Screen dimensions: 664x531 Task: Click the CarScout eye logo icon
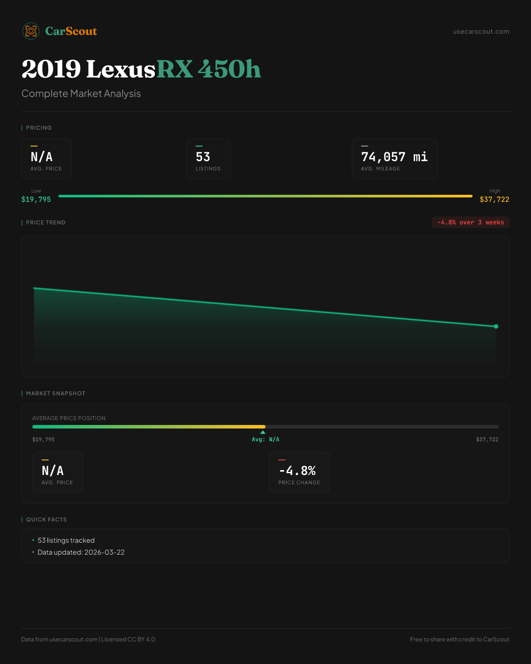(31, 31)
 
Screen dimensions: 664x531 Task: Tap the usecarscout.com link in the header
(481, 32)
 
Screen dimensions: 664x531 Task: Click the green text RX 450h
(208, 69)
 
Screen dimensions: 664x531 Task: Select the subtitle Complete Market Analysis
(81, 94)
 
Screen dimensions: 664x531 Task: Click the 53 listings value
(203, 157)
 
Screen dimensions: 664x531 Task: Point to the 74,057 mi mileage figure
(394, 157)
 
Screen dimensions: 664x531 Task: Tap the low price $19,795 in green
(36, 200)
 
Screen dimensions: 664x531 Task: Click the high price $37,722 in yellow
(494, 200)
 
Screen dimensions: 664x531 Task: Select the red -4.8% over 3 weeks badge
(470, 223)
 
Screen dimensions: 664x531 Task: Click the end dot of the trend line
(496, 327)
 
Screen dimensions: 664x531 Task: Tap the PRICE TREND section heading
(46, 223)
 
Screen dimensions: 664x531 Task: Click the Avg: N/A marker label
(265, 440)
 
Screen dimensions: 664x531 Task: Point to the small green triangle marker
(263, 432)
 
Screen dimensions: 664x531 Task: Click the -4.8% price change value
(297, 471)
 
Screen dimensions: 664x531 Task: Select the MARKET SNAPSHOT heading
(55, 394)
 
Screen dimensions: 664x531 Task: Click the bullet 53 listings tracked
(66, 540)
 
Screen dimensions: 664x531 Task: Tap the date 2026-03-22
(104, 552)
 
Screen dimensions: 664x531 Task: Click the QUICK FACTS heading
(46, 520)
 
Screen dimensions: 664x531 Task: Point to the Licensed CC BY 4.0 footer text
(128, 640)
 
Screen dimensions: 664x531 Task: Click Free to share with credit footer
(459, 640)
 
